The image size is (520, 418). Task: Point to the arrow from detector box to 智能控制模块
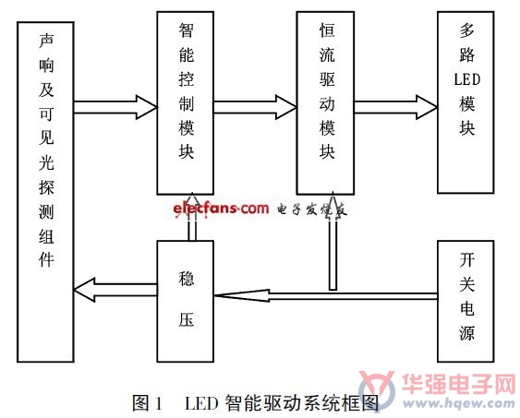point(115,107)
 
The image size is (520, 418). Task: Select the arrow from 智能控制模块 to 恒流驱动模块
point(255,107)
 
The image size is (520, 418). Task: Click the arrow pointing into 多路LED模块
point(395,107)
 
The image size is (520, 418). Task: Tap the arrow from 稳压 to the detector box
point(115,290)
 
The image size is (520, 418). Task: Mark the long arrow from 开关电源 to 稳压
point(326,296)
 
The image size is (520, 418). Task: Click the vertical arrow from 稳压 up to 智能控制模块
point(192,217)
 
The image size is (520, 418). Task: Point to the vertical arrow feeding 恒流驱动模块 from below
point(333,241)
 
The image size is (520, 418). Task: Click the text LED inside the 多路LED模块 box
point(467,80)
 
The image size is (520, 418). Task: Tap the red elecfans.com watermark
point(221,209)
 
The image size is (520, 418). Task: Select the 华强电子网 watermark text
point(459,384)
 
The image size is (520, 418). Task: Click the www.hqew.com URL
point(458,403)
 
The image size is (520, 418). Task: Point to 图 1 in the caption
point(147,403)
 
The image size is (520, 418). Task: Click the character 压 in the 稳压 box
point(186,319)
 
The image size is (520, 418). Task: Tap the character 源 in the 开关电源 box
point(466,332)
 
